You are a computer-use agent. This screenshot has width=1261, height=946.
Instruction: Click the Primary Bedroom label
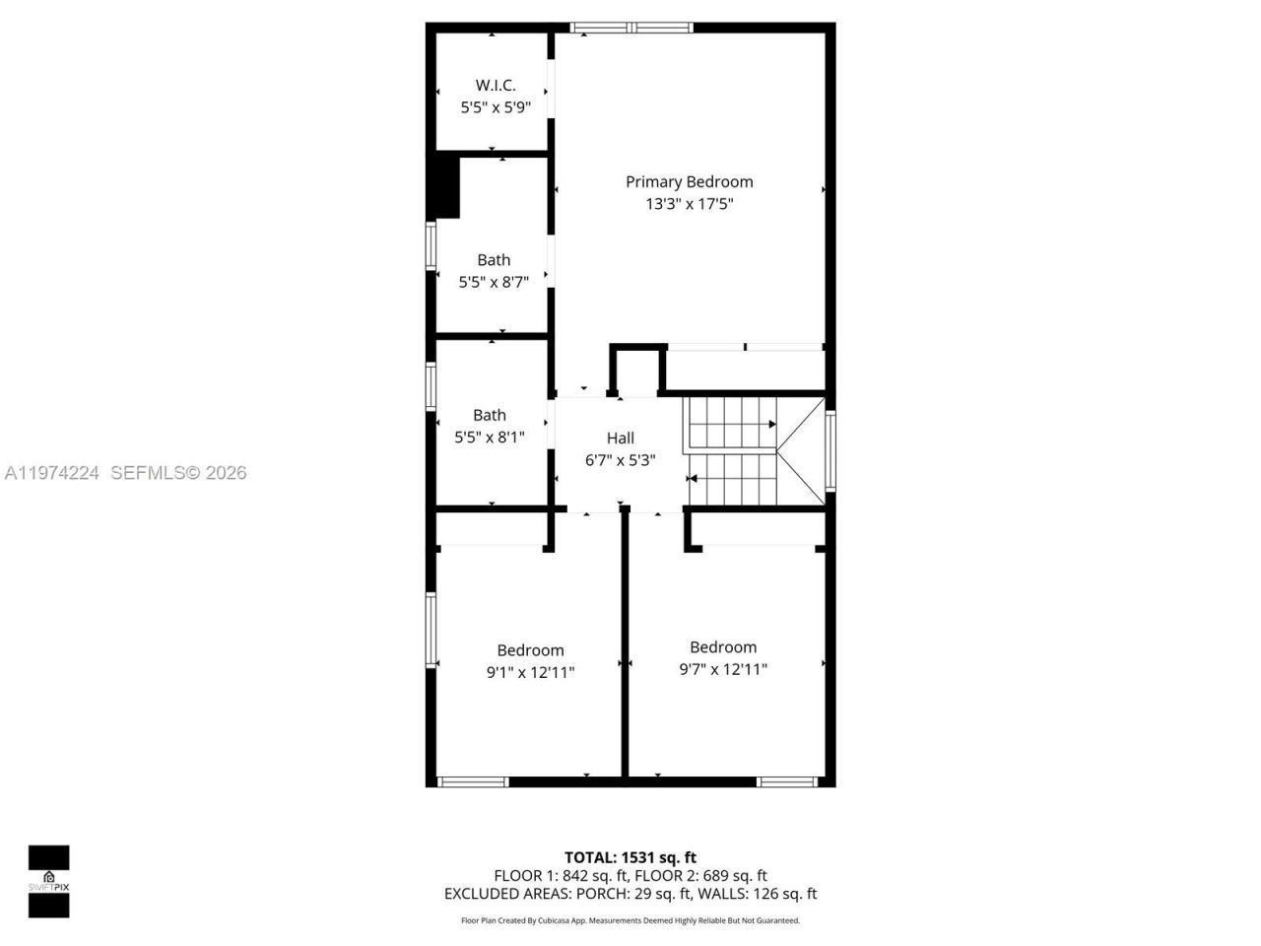[689, 181]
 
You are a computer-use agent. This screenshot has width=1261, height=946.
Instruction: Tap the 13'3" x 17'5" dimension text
[689, 204]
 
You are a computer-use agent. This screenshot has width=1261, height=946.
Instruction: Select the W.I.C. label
[495, 86]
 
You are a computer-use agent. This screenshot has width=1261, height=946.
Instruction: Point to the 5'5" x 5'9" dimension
[495, 107]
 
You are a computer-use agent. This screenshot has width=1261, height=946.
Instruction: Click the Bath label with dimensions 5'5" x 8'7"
[494, 260]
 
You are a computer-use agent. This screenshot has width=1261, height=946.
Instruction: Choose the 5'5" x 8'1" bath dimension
[489, 438]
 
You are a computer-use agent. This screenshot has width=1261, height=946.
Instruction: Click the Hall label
[620, 439]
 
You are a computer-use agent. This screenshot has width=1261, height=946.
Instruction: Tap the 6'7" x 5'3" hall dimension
[620, 460]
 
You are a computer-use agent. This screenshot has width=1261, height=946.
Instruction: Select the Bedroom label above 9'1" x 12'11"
[530, 650]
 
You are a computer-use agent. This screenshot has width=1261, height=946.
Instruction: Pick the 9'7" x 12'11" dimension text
[722, 670]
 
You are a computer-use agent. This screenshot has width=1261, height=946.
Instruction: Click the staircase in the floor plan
[734, 450]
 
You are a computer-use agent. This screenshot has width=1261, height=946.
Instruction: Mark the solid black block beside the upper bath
[445, 187]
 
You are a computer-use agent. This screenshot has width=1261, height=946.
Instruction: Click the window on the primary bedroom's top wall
[631, 28]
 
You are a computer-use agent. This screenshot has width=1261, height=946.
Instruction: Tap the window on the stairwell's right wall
[830, 450]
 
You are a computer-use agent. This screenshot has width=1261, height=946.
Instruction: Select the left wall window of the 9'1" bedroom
[431, 629]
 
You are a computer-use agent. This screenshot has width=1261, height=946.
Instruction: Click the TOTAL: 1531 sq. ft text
[630, 857]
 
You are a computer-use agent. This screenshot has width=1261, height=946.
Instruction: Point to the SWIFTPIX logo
[48, 881]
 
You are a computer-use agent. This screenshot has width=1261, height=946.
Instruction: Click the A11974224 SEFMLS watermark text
[125, 473]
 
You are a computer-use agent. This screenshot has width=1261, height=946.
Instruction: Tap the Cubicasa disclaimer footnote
[630, 920]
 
